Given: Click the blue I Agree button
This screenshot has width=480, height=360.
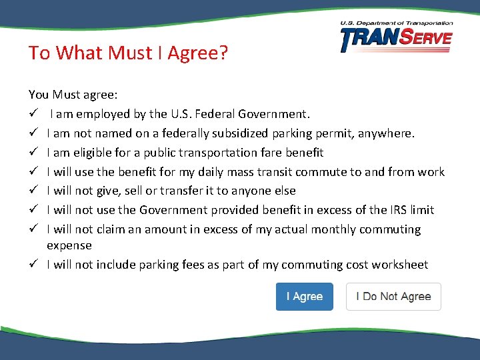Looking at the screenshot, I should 304,297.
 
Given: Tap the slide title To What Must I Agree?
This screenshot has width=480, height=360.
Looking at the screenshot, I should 128,53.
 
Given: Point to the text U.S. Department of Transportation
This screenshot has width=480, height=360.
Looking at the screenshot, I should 396,23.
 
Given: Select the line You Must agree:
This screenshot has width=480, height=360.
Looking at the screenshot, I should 73,95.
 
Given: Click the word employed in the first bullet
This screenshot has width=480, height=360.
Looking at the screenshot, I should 100,114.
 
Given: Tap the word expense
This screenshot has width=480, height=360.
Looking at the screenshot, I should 69,245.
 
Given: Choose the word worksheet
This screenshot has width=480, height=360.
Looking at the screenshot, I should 401,265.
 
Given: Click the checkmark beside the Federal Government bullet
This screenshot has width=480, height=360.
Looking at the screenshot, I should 33,114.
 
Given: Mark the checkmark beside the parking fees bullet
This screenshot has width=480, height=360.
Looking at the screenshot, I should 33,265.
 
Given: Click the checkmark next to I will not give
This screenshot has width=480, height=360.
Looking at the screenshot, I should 33,191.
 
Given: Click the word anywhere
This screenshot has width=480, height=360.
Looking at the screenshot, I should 385,133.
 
